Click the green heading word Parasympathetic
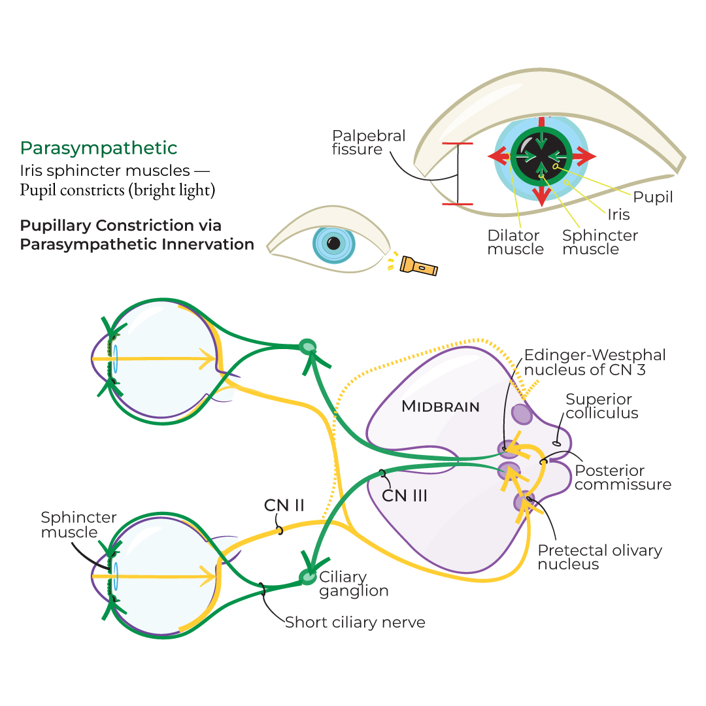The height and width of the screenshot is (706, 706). [x=99, y=148]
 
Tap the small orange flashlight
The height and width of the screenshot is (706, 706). [x=418, y=265]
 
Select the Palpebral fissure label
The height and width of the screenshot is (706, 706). [x=369, y=143]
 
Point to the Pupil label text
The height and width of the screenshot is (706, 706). [x=653, y=197]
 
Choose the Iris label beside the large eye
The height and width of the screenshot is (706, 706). [x=618, y=214]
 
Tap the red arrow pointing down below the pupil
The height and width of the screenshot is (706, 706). [x=541, y=194]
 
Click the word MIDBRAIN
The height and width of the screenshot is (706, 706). [x=440, y=407]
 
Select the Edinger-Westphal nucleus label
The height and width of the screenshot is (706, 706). [x=595, y=363]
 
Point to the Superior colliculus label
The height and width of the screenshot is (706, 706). [x=602, y=406]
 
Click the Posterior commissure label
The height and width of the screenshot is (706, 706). [x=622, y=477]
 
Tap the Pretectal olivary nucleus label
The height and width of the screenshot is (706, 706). [x=599, y=557]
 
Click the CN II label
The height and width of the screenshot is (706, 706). [x=284, y=505]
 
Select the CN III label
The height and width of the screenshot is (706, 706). [x=405, y=496]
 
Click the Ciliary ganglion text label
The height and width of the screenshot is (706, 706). [x=354, y=584]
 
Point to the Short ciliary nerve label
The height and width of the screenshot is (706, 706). [x=355, y=622]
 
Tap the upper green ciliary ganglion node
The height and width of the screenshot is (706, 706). [x=307, y=346]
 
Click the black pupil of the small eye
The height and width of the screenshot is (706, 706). [x=333, y=243]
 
